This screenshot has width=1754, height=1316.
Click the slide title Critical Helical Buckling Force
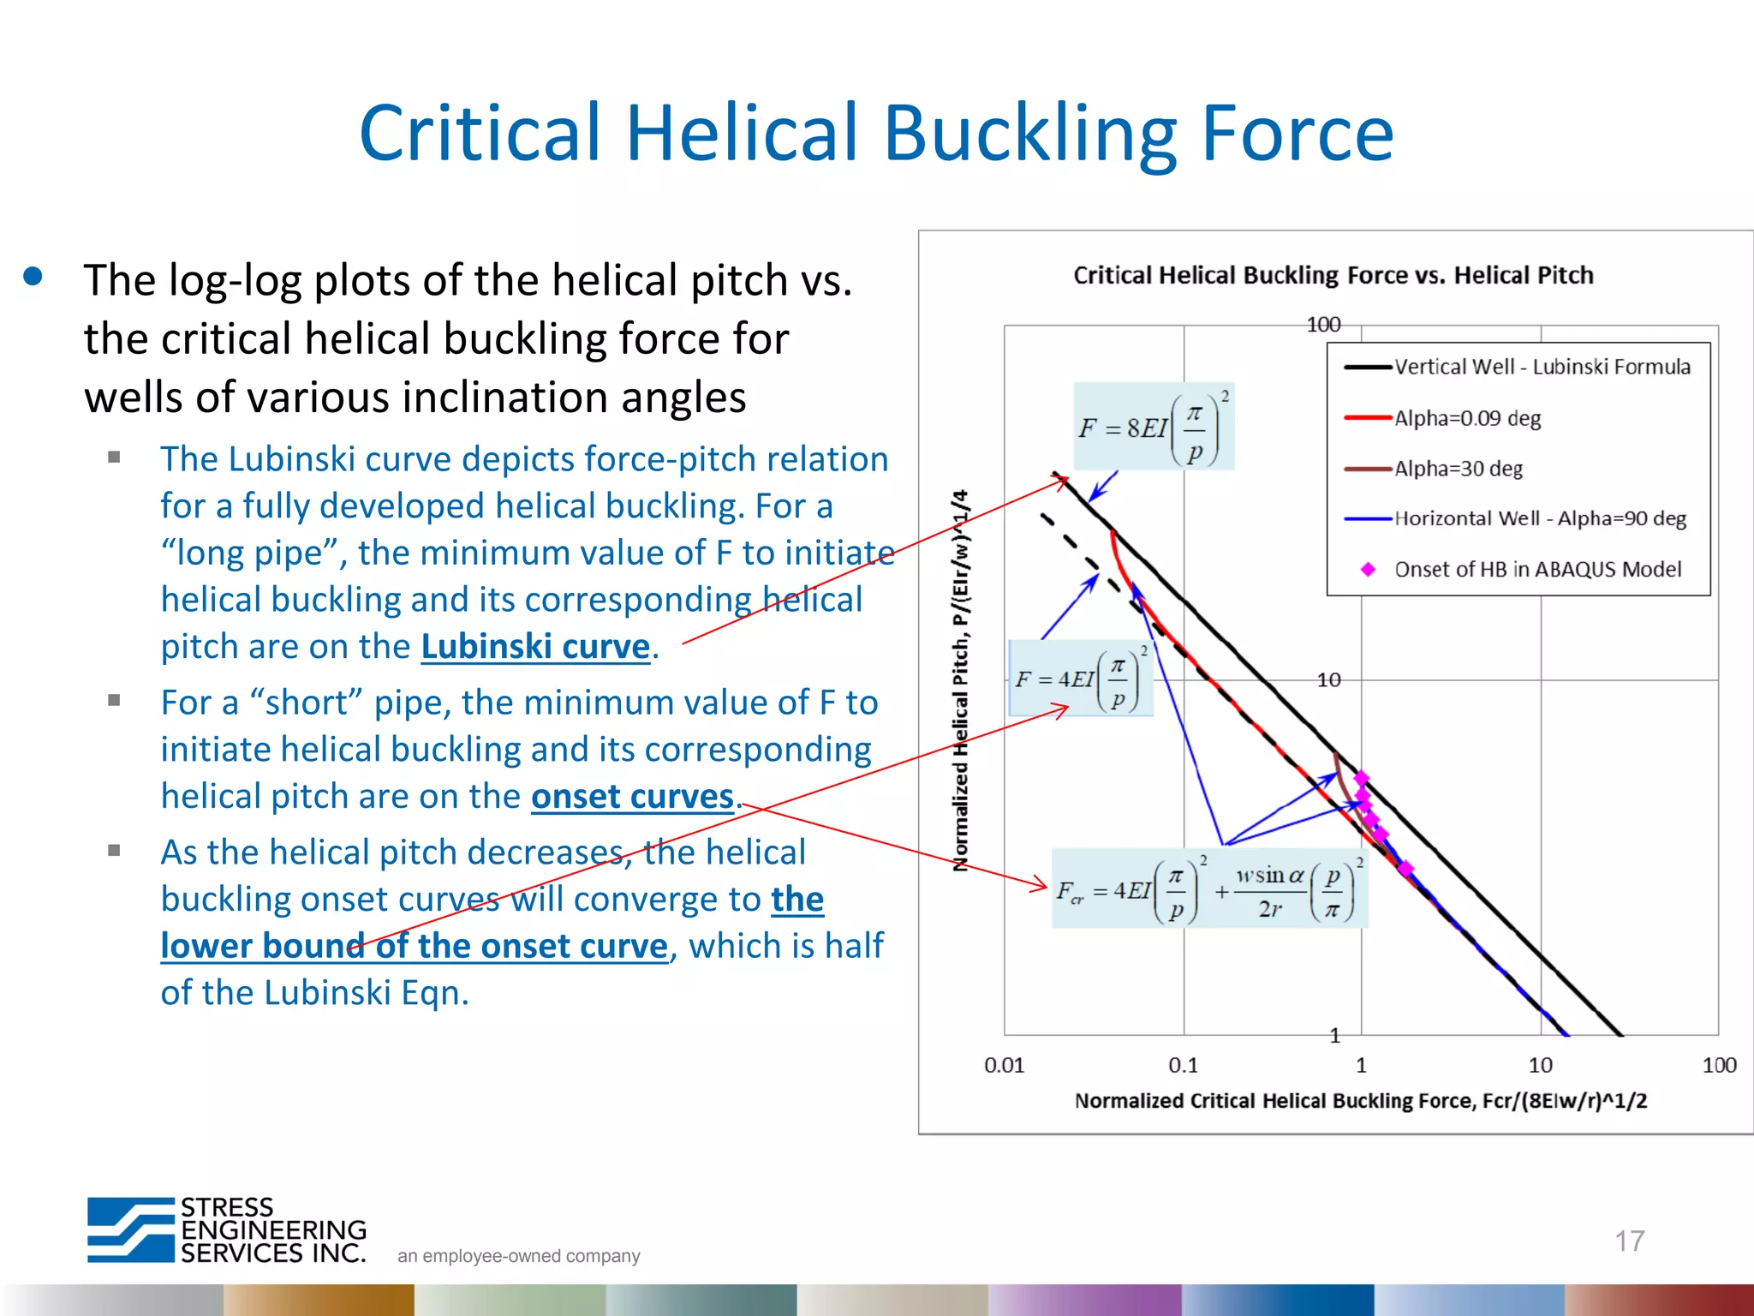tap(876, 133)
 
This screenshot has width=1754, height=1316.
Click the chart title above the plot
tap(1333, 275)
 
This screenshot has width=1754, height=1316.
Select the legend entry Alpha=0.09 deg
tap(1467, 418)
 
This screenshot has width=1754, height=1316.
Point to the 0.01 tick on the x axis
tap(1004, 1065)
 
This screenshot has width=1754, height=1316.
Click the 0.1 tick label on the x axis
tap(1183, 1065)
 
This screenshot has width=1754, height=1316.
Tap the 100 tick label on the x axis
tap(1718, 1065)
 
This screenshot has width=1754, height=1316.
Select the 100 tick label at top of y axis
tap(1323, 325)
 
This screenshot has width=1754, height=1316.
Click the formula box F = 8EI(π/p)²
tap(1154, 426)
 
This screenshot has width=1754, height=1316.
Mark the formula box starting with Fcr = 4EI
tap(1208, 888)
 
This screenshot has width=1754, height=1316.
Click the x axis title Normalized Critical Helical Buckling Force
tap(1360, 1101)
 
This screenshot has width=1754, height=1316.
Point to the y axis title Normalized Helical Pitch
tap(961, 681)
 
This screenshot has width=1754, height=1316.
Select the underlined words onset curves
tap(632, 797)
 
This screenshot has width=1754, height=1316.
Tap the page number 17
tap(1629, 1240)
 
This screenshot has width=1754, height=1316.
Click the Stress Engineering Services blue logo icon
tap(131, 1229)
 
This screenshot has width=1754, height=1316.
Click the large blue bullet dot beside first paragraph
tap(33, 276)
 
